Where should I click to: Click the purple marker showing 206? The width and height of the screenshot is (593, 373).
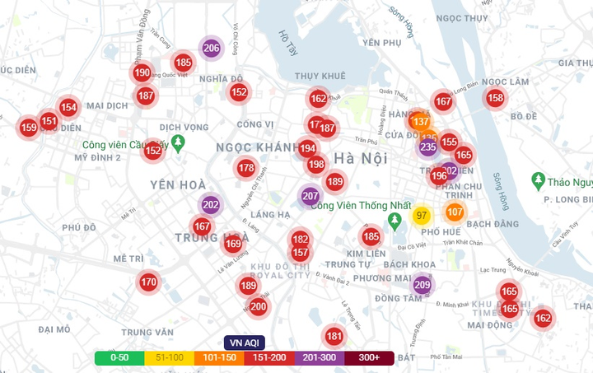(x=211, y=48)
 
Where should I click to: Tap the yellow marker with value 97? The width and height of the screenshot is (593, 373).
(x=422, y=216)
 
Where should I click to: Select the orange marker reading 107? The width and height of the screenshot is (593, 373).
(x=455, y=212)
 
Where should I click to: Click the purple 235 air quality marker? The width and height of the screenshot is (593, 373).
(x=427, y=147)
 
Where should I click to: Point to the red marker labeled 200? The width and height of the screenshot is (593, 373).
(x=258, y=307)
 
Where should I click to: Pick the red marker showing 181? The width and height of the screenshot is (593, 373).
(x=334, y=336)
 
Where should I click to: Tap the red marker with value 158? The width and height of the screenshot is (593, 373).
(x=495, y=98)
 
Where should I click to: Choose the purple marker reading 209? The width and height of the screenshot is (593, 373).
(x=423, y=286)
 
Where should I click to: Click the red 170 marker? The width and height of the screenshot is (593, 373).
(x=148, y=282)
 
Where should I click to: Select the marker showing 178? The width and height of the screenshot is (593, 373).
(x=246, y=169)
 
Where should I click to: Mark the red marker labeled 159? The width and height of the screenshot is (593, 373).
(x=29, y=128)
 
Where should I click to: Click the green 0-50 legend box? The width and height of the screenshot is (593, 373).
(x=119, y=358)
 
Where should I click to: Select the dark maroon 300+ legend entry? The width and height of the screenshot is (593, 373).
(x=369, y=358)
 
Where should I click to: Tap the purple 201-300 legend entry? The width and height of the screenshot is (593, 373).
(x=319, y=358)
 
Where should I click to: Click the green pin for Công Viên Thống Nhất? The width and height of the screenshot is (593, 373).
(x=395, y=220)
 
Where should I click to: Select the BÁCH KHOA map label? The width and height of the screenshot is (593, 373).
(x=409, y=263)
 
